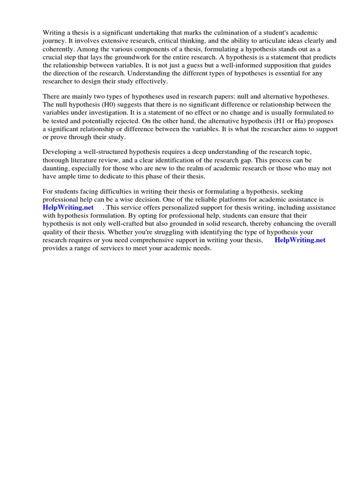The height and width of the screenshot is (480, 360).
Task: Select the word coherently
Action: pyautogui.click(x=58, y=49)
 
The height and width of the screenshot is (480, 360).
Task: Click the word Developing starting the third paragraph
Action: pyautogui.click(x=60, y=152)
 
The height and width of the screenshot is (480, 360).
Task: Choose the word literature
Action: pyautogui.click(x=87, y=160)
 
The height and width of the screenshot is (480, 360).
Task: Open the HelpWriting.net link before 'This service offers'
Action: pyautogui.click(x=68, y=208)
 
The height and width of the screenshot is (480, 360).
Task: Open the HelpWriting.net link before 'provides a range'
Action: pyautogui.click(x=300, y=240)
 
